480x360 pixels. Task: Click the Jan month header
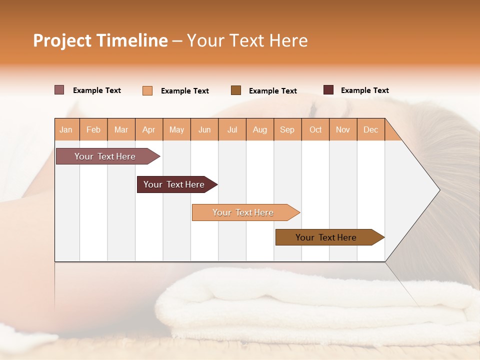tap(66, 129)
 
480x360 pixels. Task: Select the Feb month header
tap(93, 129)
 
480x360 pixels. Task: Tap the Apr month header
tap(149, 129)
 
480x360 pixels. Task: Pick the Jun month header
tap(204, 129)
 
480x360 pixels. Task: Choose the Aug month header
tap(260, 129)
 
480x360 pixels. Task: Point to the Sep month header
tap(287, 129)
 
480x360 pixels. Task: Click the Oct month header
tap(315, 129)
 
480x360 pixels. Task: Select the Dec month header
tap(371, 129)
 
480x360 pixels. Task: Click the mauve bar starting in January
tap(105, 156)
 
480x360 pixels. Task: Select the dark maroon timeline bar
tap(174, 184)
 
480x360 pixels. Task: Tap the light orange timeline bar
tap(243, 212)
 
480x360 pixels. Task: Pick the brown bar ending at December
tap(326, 237)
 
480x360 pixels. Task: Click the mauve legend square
tap(59, 90)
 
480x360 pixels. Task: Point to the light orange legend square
tap(147, 90)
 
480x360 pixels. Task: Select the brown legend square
tap(236, 90)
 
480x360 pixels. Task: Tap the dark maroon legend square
tap(328, 90)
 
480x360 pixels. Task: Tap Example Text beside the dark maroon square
tap(364, 90)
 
